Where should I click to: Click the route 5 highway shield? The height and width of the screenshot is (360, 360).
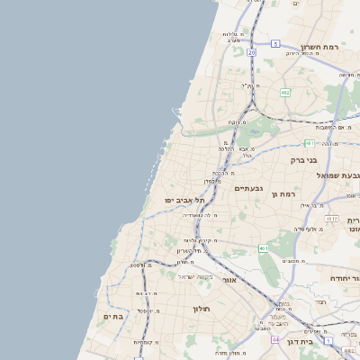(275, 43)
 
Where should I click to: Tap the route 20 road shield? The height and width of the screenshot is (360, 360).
(252, 53)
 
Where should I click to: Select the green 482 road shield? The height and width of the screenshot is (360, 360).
(285, 92)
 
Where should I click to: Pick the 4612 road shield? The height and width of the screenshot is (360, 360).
(332, 218)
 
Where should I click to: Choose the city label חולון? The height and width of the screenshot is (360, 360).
(200, 309)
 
